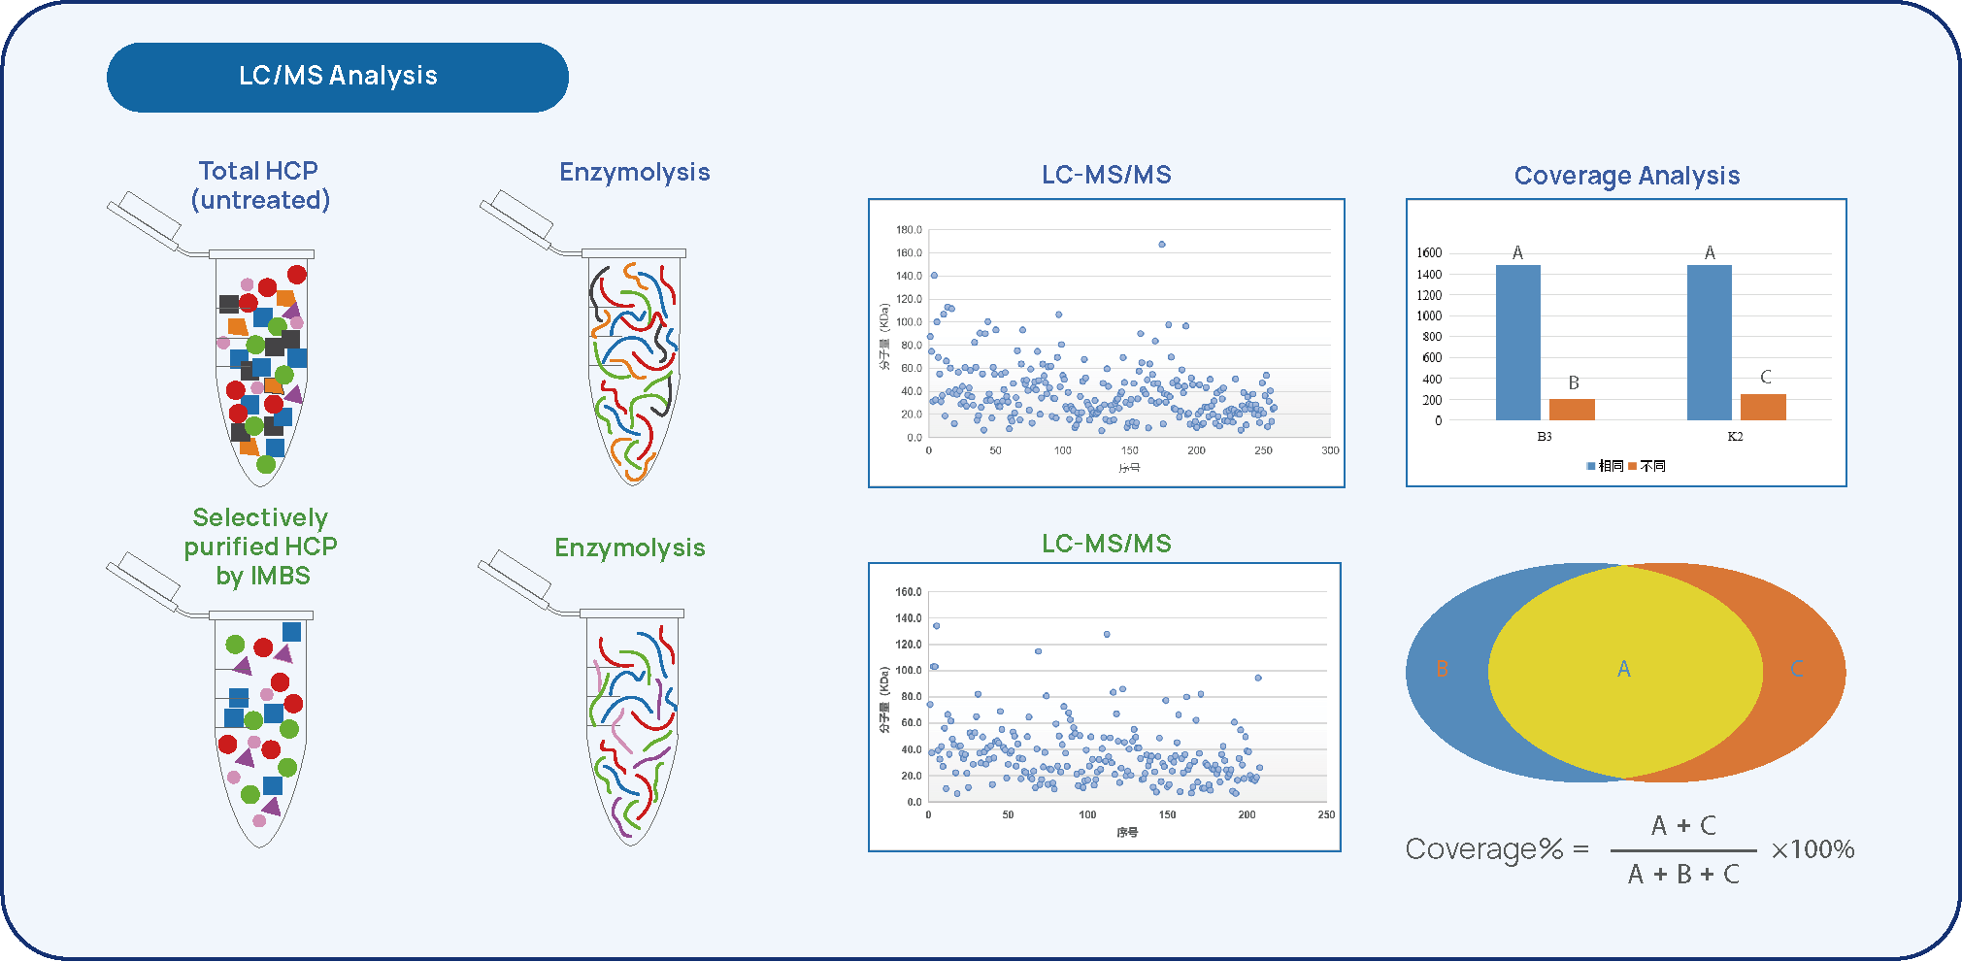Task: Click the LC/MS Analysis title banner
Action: point(337,77)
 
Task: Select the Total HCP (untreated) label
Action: point(259,185)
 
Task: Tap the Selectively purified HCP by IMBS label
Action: point(261,547)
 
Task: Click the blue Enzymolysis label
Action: point(634,173)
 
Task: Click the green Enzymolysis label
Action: point(629,548)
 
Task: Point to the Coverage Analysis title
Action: point(1626,176)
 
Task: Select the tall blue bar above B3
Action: point(1517,342)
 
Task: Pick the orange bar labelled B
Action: point(1572,409)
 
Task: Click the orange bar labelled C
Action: point(1763,406)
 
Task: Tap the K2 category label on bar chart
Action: point(1735,437)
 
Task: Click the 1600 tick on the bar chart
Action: point(1429,253)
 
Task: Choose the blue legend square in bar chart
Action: point(1591,467)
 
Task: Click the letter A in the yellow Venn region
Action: point(1623,670)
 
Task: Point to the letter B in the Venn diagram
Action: point(1443,670)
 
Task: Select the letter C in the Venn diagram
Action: point(1796,670)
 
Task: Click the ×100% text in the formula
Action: point(1812,850)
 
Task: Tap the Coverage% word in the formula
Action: point(1483,850)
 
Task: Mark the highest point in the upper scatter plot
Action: point(1162,245)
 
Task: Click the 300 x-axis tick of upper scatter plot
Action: point(1330,450)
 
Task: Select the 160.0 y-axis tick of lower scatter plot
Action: point(909,592)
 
